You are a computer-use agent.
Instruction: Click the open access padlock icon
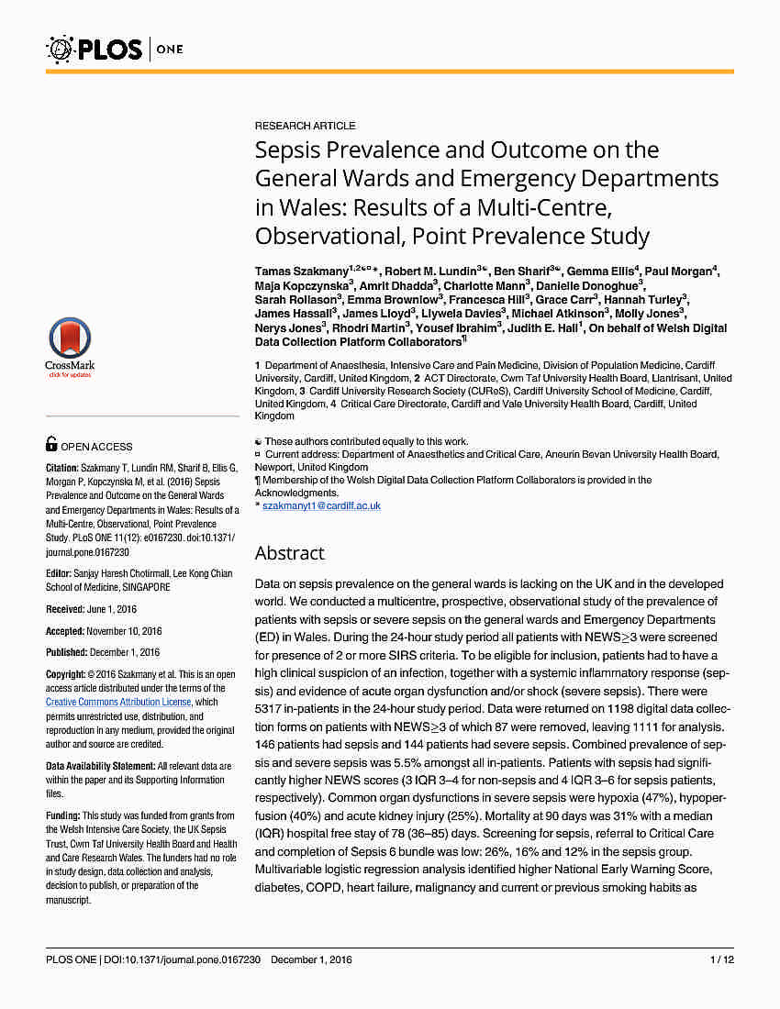[52, 445]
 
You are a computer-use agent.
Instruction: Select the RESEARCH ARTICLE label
[305, 126]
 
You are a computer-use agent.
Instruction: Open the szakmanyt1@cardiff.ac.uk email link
[321, 505]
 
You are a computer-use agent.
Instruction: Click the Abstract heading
[289, 553]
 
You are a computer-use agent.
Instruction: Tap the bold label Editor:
[61, 573]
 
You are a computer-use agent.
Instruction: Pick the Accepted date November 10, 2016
[124, 631]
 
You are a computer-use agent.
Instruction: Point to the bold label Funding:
[63, 815]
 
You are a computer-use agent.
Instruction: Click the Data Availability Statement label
[100, 766]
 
